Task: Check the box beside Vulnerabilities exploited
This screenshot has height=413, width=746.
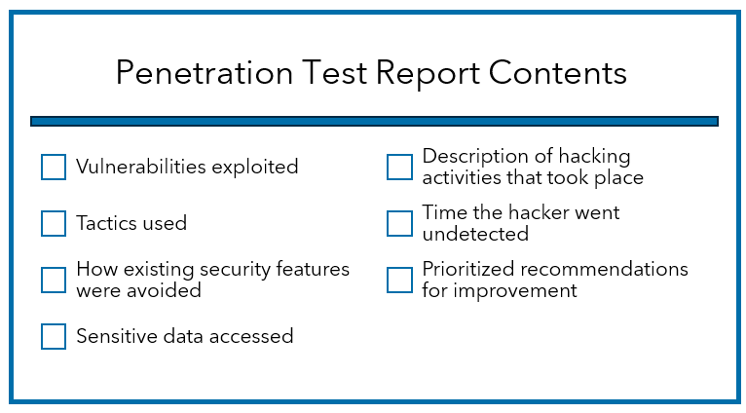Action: coord(54,168)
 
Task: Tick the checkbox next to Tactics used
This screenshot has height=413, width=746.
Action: coord(54,224)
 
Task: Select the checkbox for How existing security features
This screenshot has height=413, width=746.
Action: coord(54,281)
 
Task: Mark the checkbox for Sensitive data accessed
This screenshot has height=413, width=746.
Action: coord(54,337)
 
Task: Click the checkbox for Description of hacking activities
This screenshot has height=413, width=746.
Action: coord(399,168)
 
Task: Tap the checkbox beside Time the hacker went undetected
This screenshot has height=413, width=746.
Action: coord(399,224)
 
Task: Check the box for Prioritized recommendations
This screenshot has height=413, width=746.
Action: coord(399,281)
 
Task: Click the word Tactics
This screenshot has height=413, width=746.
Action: coord(102,224)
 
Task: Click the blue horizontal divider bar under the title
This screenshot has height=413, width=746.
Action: coord(374,122)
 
